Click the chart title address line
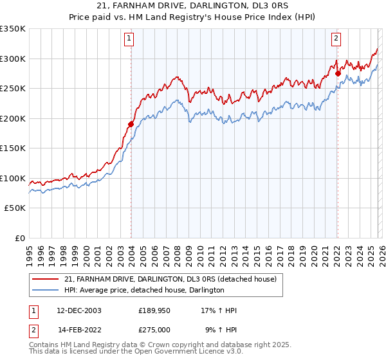coord(193,6)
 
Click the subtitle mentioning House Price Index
coord(193,17)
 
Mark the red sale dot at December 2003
coord(131,124)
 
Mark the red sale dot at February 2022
coord(338,73)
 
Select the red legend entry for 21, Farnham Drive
coord(170,279)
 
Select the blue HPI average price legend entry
coord(144,291)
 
